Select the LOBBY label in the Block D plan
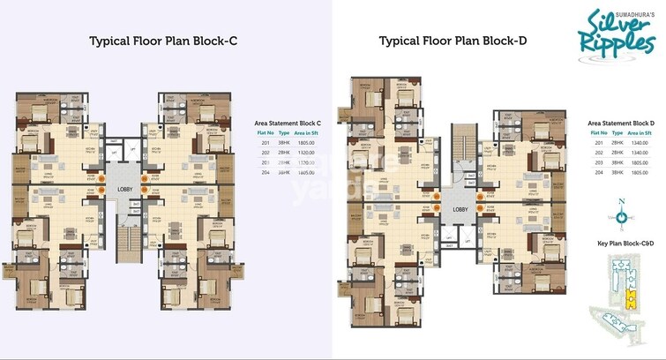460,210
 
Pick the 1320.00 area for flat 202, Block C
304,152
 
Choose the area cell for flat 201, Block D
638,143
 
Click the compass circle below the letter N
621,217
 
